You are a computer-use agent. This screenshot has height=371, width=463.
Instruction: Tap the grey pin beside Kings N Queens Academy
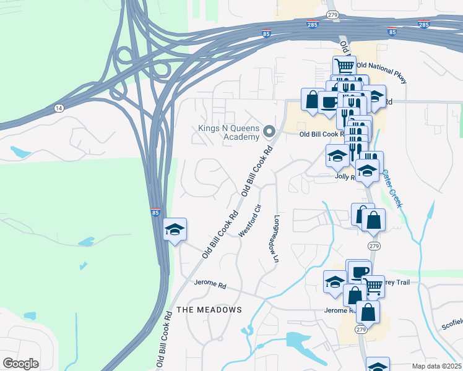pyautogui.click(x=269, y=131)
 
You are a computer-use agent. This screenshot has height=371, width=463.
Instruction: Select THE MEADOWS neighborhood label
pyautogui.click(x=209, y=309)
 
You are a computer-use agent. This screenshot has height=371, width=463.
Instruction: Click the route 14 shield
pyautogui.click(x=59, y=108)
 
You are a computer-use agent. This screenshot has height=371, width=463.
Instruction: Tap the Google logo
pyautogui.click(x=20, y=363)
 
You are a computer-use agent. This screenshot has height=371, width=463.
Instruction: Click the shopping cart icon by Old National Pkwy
pyautogui.click(x=345, y=66)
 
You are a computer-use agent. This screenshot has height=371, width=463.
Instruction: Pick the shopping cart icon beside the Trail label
pyautogui.click(x=373, y=286)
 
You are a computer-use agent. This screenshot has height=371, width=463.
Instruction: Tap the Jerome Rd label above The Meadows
pyautogui.click(x=210, y=283)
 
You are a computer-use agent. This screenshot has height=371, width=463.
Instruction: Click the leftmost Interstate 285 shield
pyautogui.click(x=313, y=23)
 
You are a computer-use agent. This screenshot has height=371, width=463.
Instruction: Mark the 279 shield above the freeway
pyautogui.click(x=332, y=14)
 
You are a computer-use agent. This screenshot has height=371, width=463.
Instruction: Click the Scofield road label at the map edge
pyautogui.click(x=452, y=323)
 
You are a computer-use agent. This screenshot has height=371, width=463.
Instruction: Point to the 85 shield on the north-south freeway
pyautogui.click(x=156, y=212)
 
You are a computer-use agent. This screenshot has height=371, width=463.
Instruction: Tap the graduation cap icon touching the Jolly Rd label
pyautogui.click(x=368, y=171)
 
